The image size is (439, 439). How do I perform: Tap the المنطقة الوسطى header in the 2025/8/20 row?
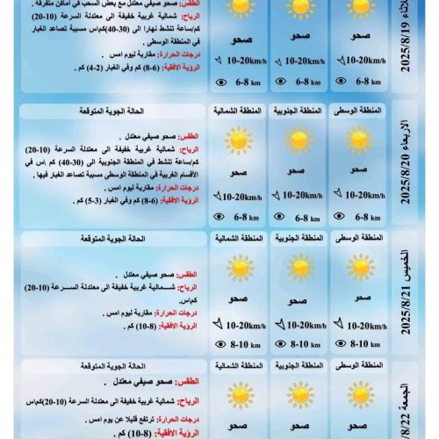358,112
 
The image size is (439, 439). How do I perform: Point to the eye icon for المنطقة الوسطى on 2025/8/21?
342,345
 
